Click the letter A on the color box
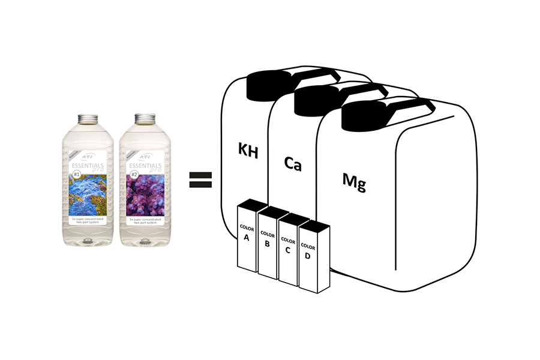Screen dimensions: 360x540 pyautogui.click(x=247, y=237)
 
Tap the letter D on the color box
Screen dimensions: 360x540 pyautogui.click(x=308, y=257)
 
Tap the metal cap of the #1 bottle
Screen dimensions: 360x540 pyautogui.click(x=88, y=118)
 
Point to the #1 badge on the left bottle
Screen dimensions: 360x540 pyautogui.click(x=77, y=175)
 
